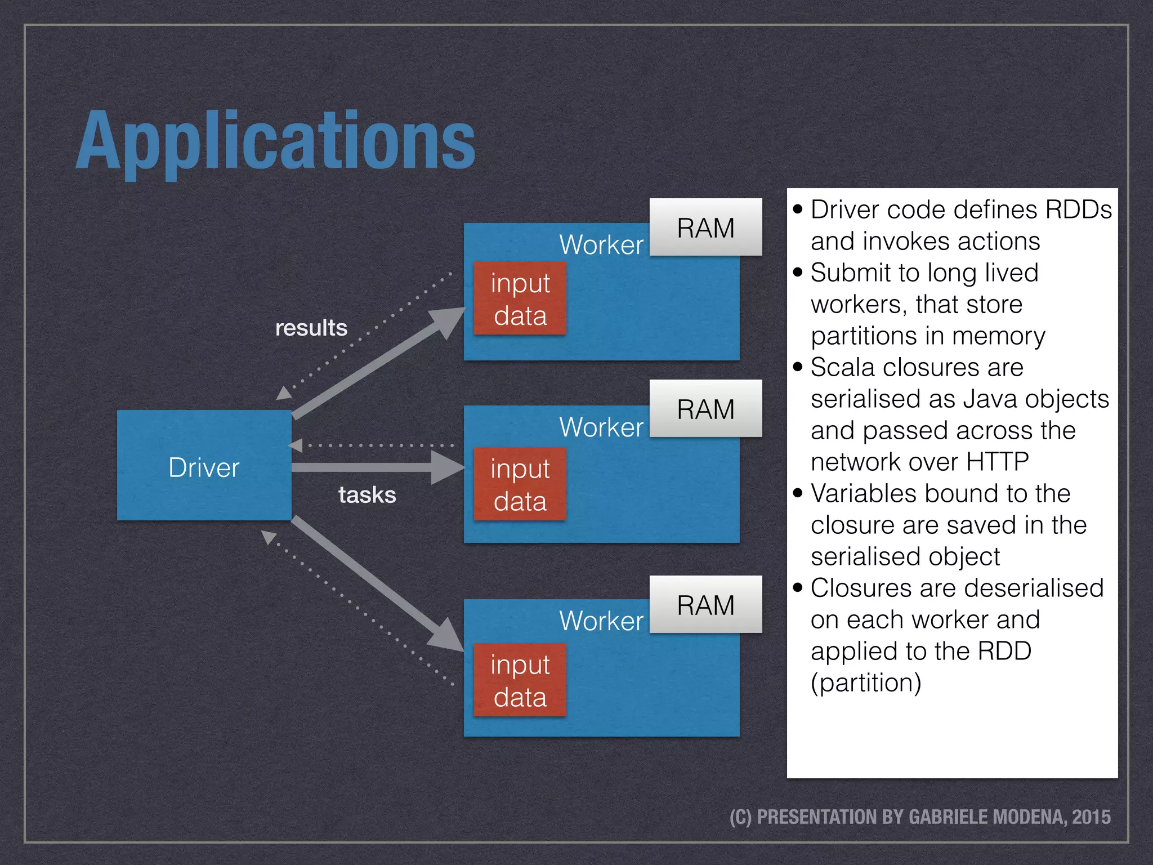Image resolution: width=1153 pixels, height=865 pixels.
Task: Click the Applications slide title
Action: [x=276, y=141]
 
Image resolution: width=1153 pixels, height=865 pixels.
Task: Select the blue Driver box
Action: [x=204, y=465]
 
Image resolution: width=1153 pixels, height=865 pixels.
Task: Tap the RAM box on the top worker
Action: [x=705, y=228]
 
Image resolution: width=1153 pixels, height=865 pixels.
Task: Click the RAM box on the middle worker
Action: [x=705, y=409]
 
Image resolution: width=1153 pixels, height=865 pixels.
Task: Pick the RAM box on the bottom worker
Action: [x=705, y=605]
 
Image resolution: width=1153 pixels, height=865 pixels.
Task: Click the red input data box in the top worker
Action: [x=520, y=298]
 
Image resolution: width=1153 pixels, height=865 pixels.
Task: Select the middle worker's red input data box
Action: [x=520, y=484]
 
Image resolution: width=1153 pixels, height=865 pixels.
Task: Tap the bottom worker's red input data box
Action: [x=520, y=680]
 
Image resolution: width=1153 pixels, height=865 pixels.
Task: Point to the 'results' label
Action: [x=311, y=328]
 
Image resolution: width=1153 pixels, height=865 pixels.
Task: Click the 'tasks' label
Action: [x=367, y=495]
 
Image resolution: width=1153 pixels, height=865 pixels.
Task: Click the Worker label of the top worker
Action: [x=601, y=245]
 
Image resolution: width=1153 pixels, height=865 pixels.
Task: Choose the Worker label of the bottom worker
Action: [x=601, y=621]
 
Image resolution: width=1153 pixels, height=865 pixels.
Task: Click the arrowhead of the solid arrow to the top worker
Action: [x=448, y=320]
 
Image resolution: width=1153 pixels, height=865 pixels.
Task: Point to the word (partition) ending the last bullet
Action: [x=866, y=683]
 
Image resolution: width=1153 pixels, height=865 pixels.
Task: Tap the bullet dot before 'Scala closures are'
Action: [x=797, y=367]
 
